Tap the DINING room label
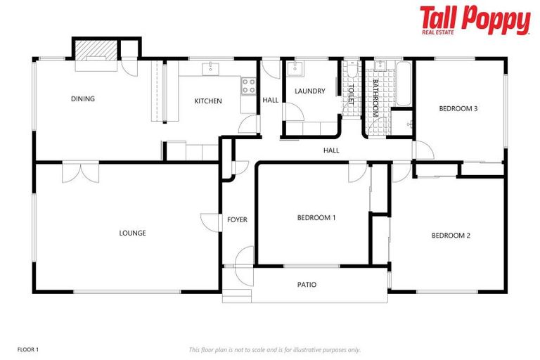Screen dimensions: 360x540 coord(83,98)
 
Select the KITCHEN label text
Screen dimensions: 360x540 coord(208,101)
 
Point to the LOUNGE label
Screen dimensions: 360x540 coord(132,233)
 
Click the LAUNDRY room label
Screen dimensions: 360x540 coord(309,91)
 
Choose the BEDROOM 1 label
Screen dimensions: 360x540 coord(316,218)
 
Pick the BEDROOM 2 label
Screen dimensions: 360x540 coord(451,235)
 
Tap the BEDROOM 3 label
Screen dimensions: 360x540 coord(458,108)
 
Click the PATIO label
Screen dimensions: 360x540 coord(307,285)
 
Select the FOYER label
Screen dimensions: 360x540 coord(237,220)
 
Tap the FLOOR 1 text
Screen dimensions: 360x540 coord(28,349)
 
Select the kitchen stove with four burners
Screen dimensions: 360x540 coord(248,86)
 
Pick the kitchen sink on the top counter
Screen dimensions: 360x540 coord(210,68)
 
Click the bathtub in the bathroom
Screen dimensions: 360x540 coord(403,83)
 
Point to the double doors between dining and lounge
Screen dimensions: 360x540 coord(80,172)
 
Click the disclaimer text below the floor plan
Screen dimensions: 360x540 coord(275,349)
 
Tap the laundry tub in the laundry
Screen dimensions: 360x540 coord(295,70)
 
